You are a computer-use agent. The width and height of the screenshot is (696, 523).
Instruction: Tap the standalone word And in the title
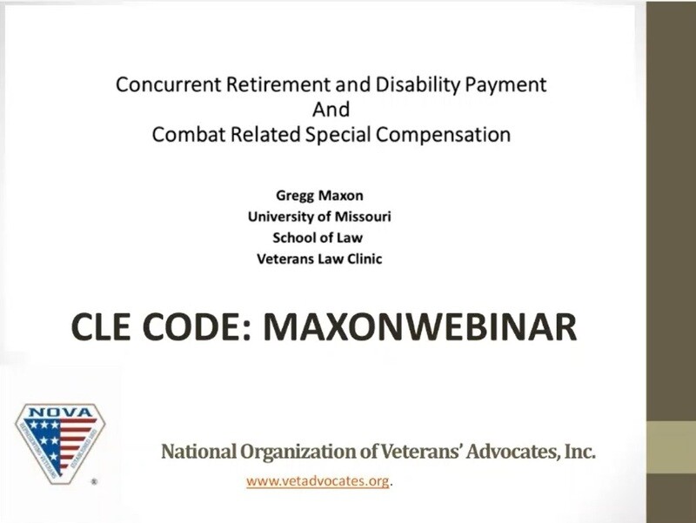pos(331,110)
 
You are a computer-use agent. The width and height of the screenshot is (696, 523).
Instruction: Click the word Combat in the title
pos(183,135)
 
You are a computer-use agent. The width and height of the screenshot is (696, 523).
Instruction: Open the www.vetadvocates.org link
pos(317,480)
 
